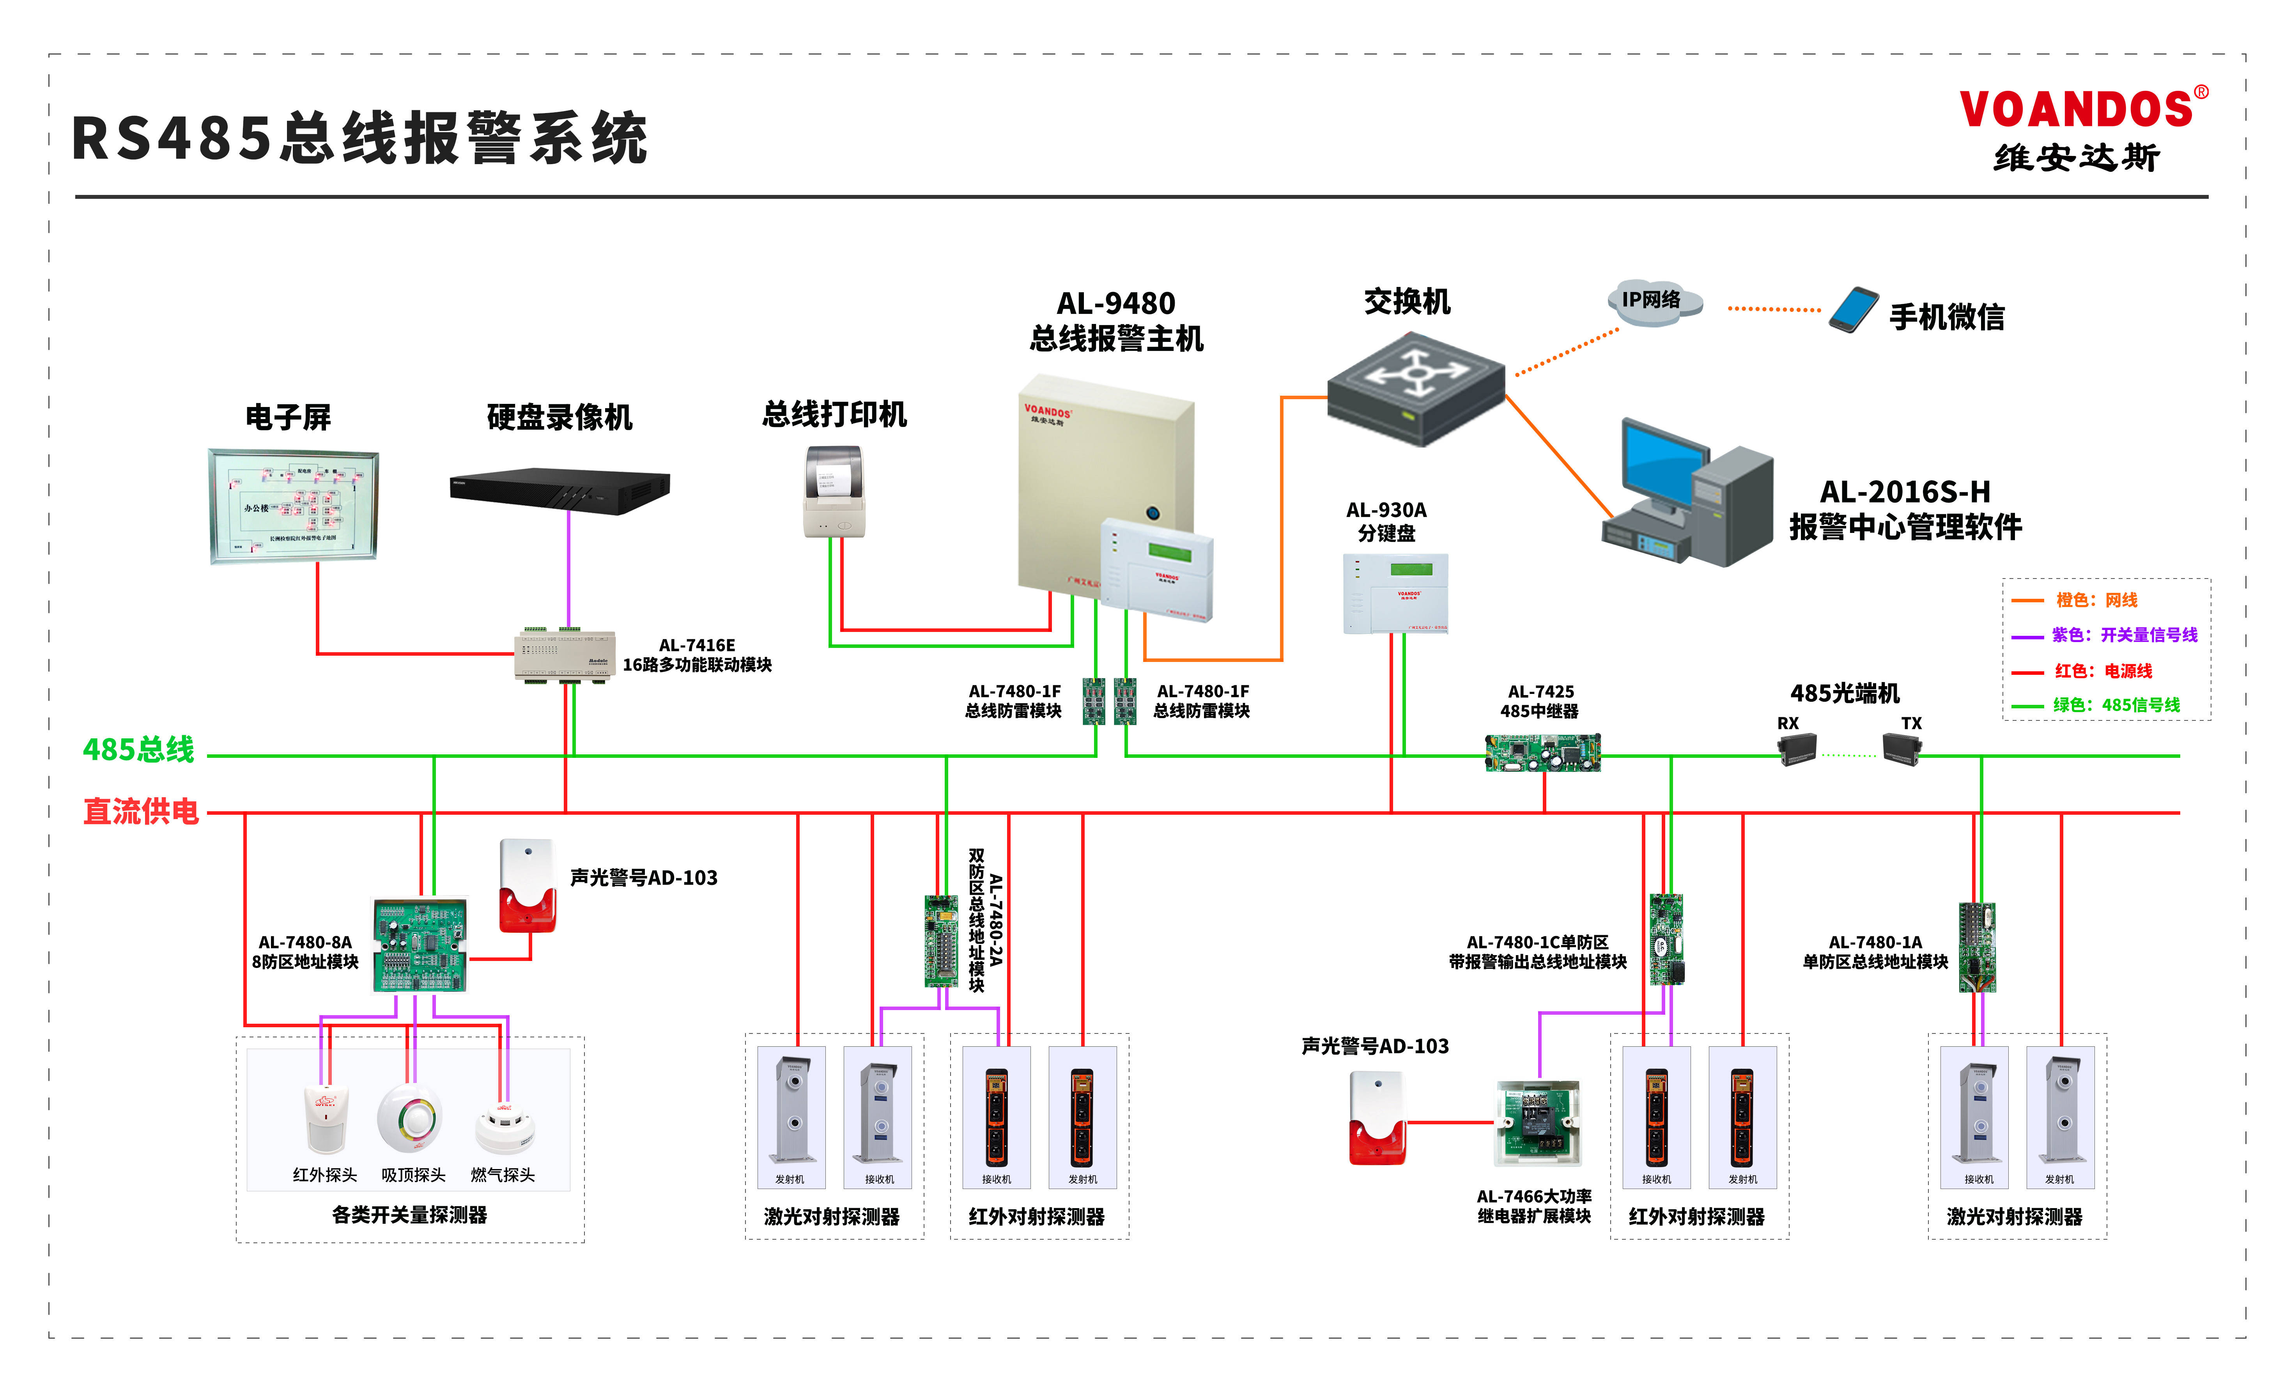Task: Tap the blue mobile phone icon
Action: [x=1853, y=310]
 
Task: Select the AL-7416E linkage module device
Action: [x=565, y=655]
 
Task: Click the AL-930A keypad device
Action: [x=1395, y=593]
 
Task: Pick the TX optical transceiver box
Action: [x=1901, y=748]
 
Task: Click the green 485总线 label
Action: [x=138, y=749]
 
